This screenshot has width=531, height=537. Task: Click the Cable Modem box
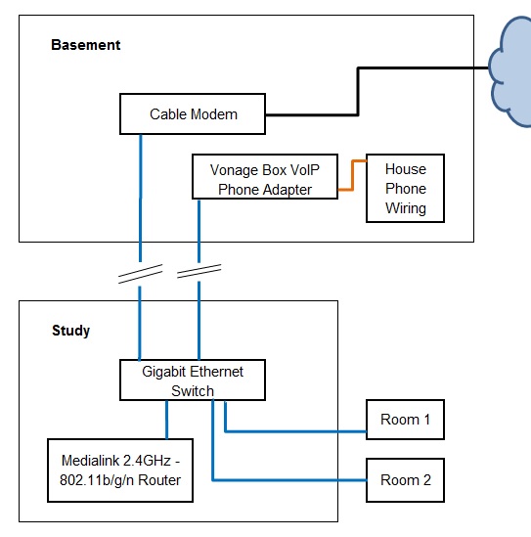tap(193, 114)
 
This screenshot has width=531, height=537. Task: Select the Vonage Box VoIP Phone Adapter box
tap(265, 177)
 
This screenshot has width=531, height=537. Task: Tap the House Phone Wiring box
tap(406, 189)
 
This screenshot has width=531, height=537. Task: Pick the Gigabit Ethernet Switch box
tap(193, 380)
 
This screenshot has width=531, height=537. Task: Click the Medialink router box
tap(120, 470)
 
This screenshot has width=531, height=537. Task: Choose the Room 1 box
tap(406, 420)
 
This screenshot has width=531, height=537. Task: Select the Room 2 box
tap(406, 480)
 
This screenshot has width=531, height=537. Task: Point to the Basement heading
tap(86, 45)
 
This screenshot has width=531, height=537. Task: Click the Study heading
tap(70, 331)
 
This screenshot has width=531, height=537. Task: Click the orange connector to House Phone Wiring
tap(353, 175)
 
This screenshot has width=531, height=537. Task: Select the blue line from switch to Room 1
tap(295, 431)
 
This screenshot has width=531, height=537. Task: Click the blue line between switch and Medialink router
tap(166, 420)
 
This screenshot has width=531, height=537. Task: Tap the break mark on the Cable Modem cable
tap(141, 274)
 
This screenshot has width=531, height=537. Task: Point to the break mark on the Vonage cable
tap(199, 271)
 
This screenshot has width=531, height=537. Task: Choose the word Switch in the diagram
tap(193, 391)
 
